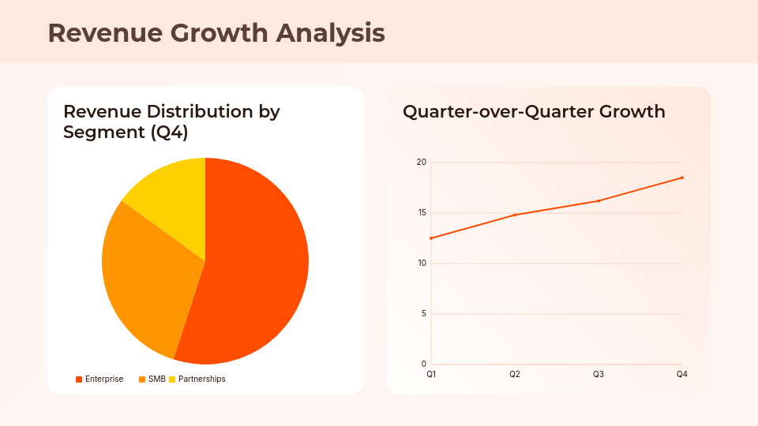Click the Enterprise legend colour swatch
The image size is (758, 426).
pyautogui.click(x=79, y=379)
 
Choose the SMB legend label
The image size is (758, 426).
pyautogui.click(x=157, y=379)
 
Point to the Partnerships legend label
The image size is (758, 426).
pyautogui.click(x=201, y=379)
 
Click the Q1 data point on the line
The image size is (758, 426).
pyautogui.click(x=431, y=238)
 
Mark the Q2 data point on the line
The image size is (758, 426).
pyautogui.click(x=515, y=215)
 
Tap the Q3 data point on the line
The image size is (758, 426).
pyautogui.click(x=599, y=201)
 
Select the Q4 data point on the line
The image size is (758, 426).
pyautogui.click(x=682, y=177)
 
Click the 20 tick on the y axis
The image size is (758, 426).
pyautogui.click(x=421, y=163)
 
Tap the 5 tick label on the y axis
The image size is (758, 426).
pyautogui.click(x=423, y=314)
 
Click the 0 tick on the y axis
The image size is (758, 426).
pyautogui.click(x=423, y=364)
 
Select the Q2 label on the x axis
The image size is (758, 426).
pyautogui.click(x=515, y=374)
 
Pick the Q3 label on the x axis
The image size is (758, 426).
pyautogui.click(x=599, y=374)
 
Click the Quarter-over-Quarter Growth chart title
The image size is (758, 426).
pyautogui.click(x=534, y=112)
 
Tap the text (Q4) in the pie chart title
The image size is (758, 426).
pyautogui.click(x=169, y=133)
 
